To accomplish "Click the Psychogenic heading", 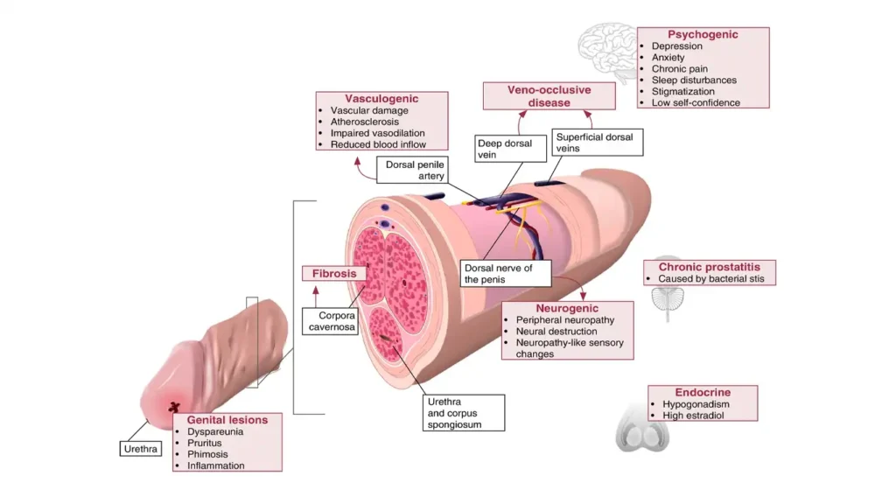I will tap(703, 35).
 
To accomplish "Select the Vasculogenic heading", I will tap(381, 99).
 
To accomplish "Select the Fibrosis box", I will tap(333, 273).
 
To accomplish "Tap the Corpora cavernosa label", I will tap(332, 320).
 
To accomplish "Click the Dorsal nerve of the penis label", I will tap(506, 273).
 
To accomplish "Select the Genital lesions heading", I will tap(227, 420).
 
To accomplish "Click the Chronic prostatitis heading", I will tap(709, 267).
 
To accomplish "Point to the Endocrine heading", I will tap(703, 393).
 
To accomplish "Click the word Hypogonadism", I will tap(696, 405).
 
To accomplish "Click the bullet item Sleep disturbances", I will tap(694, 80).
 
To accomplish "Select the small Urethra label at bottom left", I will tap(139, 449).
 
